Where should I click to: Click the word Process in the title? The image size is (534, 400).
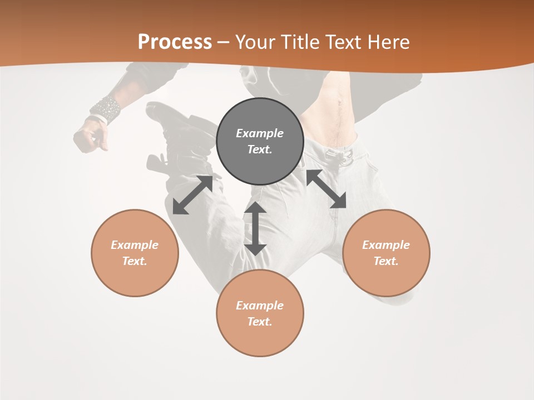(175, 42)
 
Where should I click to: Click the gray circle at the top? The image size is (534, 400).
(260, 167)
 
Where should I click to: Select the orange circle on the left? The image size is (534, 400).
(135, 278)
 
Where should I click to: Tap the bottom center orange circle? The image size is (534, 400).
(260, 339)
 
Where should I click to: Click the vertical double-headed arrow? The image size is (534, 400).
(255, 228)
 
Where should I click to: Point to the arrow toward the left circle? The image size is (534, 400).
(192, 194)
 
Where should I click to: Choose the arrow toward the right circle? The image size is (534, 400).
(327, 189)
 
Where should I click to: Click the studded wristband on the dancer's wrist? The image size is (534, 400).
(106, 109)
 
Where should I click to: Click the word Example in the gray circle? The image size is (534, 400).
(260, 133)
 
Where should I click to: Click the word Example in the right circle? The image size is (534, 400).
(386, 245)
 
